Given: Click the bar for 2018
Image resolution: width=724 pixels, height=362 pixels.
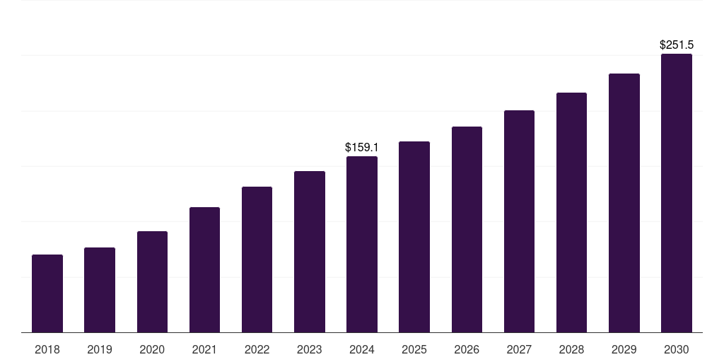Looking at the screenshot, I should tap(47, 293).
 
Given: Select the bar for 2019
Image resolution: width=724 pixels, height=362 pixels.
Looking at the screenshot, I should tap(100, 290).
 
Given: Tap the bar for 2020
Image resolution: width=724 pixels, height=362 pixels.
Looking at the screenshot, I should tap(152, 281).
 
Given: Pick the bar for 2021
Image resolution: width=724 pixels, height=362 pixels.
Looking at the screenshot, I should tap(204, 269).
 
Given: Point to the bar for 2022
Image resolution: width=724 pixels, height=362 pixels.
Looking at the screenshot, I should tap(257, 259).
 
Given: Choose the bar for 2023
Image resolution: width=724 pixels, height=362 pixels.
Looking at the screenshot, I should tap(310, 252).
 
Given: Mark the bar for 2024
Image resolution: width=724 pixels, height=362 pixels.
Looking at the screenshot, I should tap(362, 244).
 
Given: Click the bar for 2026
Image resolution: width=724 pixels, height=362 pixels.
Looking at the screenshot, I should tap(467, 229).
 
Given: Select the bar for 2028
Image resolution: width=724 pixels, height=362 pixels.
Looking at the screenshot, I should tap(571, 212).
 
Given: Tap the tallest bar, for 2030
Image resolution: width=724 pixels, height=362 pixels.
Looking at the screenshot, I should tap(677, 193).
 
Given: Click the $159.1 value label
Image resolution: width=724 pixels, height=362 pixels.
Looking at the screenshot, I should tap(362, 148).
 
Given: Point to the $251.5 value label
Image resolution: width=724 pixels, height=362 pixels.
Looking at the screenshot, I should tap(677, 45).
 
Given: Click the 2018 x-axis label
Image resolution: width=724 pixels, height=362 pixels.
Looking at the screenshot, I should tap(47, 349).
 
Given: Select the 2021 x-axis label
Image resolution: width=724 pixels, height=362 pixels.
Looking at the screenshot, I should tap(204, 349).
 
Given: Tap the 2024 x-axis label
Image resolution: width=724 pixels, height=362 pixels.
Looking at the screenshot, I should tap(362, 349).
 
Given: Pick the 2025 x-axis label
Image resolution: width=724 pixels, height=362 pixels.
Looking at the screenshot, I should tap(414, 349).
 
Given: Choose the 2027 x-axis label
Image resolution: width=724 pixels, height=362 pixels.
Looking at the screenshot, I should tap(519, 349).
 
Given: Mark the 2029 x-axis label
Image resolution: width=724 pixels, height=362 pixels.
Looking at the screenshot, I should tap(624, 349).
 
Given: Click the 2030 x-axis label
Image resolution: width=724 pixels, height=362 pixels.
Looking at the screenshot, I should tap(677, 349).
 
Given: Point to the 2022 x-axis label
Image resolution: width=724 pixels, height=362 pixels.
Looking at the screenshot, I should tap(257, 349).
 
